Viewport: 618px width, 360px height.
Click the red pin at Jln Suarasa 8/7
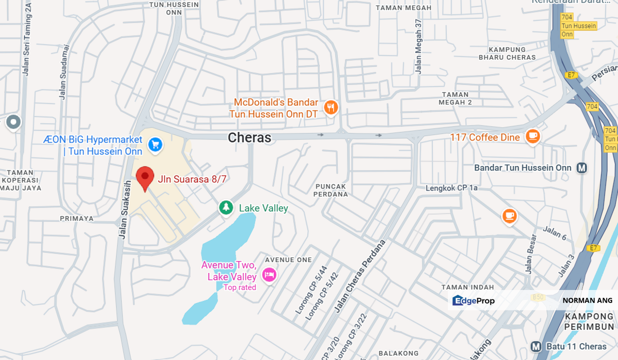(x=145, y=177)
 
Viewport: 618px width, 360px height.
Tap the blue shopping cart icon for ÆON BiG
(x=155, y=145)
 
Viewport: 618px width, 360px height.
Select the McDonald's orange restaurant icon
(x=330, y=107)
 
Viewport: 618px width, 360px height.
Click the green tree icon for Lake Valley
(x=226, y=207)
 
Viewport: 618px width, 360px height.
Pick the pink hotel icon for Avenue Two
(x=269, y=275)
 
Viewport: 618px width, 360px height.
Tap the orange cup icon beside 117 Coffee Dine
(x=532, y=136)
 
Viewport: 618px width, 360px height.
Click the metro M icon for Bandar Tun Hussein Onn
(x=581, y=168)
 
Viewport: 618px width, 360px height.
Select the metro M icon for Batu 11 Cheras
(x=536, y=346)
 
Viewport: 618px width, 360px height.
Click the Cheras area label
(x=249, y=138)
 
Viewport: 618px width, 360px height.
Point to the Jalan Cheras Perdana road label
(x=360, y=276)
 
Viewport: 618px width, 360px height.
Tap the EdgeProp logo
(x=473, y=300)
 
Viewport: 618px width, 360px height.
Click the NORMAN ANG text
(x=587, y=300)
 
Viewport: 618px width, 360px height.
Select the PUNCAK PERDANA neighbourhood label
(x=331, y=190)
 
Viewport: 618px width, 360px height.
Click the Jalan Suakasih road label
(x=125, y=210)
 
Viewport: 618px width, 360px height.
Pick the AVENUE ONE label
(x=288, y=259)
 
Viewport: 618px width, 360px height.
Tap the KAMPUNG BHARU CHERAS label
(x=507, y=53)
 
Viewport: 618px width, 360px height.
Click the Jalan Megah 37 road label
(x=418, y=46)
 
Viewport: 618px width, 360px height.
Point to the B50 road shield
(x=538, y=297)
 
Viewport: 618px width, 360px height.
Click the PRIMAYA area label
(x=77, y=218)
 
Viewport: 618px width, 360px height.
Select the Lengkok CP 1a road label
(x=452, y=188)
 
